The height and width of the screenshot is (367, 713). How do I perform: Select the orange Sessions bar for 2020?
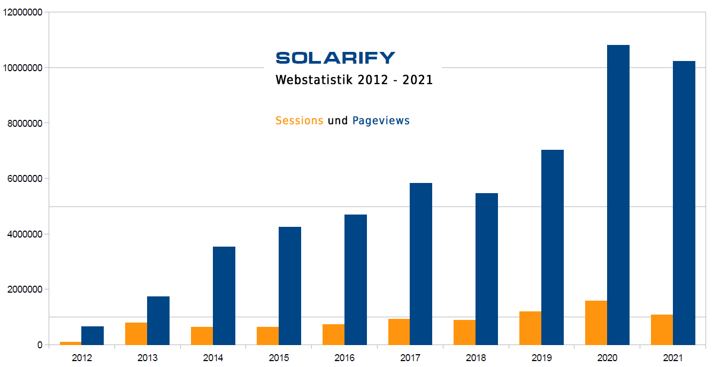tap(596, 323)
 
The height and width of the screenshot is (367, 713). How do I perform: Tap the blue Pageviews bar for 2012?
tap(93, 335)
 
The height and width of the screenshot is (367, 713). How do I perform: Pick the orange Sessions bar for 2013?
tap(136, 333)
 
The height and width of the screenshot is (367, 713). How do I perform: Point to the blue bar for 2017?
tap(421, 264)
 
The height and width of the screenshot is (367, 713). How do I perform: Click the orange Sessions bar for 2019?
tap(530, 328)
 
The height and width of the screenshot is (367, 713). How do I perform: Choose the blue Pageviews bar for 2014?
tap(224, 295)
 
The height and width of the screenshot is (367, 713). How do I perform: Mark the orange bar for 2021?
tap(662, 330)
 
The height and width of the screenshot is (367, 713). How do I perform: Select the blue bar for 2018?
tap(486, 269)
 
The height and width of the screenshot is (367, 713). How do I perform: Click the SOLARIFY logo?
tap(335, 57)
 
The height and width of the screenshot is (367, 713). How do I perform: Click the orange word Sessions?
tap(299, 120)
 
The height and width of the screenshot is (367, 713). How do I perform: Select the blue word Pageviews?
tap(381, 120)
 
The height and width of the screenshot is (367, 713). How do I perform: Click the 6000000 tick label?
tap(22, 179)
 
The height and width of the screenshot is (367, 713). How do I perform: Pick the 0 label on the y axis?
tap(40, 345)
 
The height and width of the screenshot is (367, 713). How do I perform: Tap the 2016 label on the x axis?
tap(344, 357)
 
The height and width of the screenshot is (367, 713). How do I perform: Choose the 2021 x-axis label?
tap(673, 357)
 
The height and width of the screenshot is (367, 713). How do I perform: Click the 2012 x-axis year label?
tap(82, 357)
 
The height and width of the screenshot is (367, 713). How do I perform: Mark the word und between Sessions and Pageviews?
tap(338, 120)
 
